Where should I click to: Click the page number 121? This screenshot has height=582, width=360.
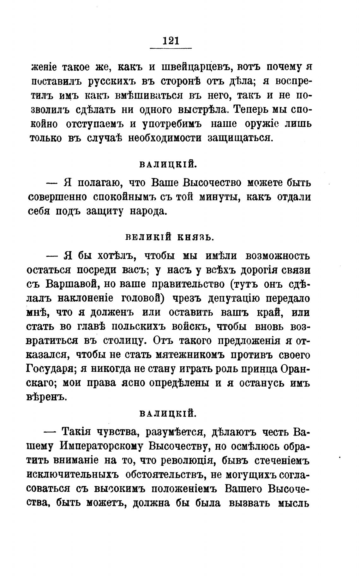(x=171, y=41)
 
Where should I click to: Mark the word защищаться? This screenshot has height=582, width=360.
(x=240, y=138)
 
